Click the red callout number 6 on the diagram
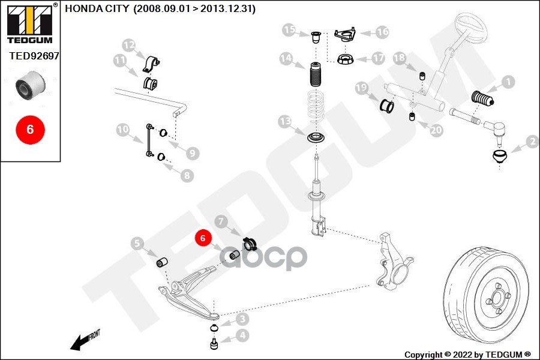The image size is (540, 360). point(203,238)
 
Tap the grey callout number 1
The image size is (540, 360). point(508,82)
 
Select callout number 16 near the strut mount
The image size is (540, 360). point(382,32)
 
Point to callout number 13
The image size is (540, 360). point(285,122)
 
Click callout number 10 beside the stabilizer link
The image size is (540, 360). point(122,129)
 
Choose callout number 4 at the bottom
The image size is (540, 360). point(242,335)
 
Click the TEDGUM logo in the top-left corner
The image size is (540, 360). point(29,23)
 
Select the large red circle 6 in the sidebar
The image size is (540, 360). point(30,128)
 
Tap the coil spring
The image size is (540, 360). point(316,109)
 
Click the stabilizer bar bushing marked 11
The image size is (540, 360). point(150,83)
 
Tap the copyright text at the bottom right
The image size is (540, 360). point(467,355)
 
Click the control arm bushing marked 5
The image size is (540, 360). point(161,263)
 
